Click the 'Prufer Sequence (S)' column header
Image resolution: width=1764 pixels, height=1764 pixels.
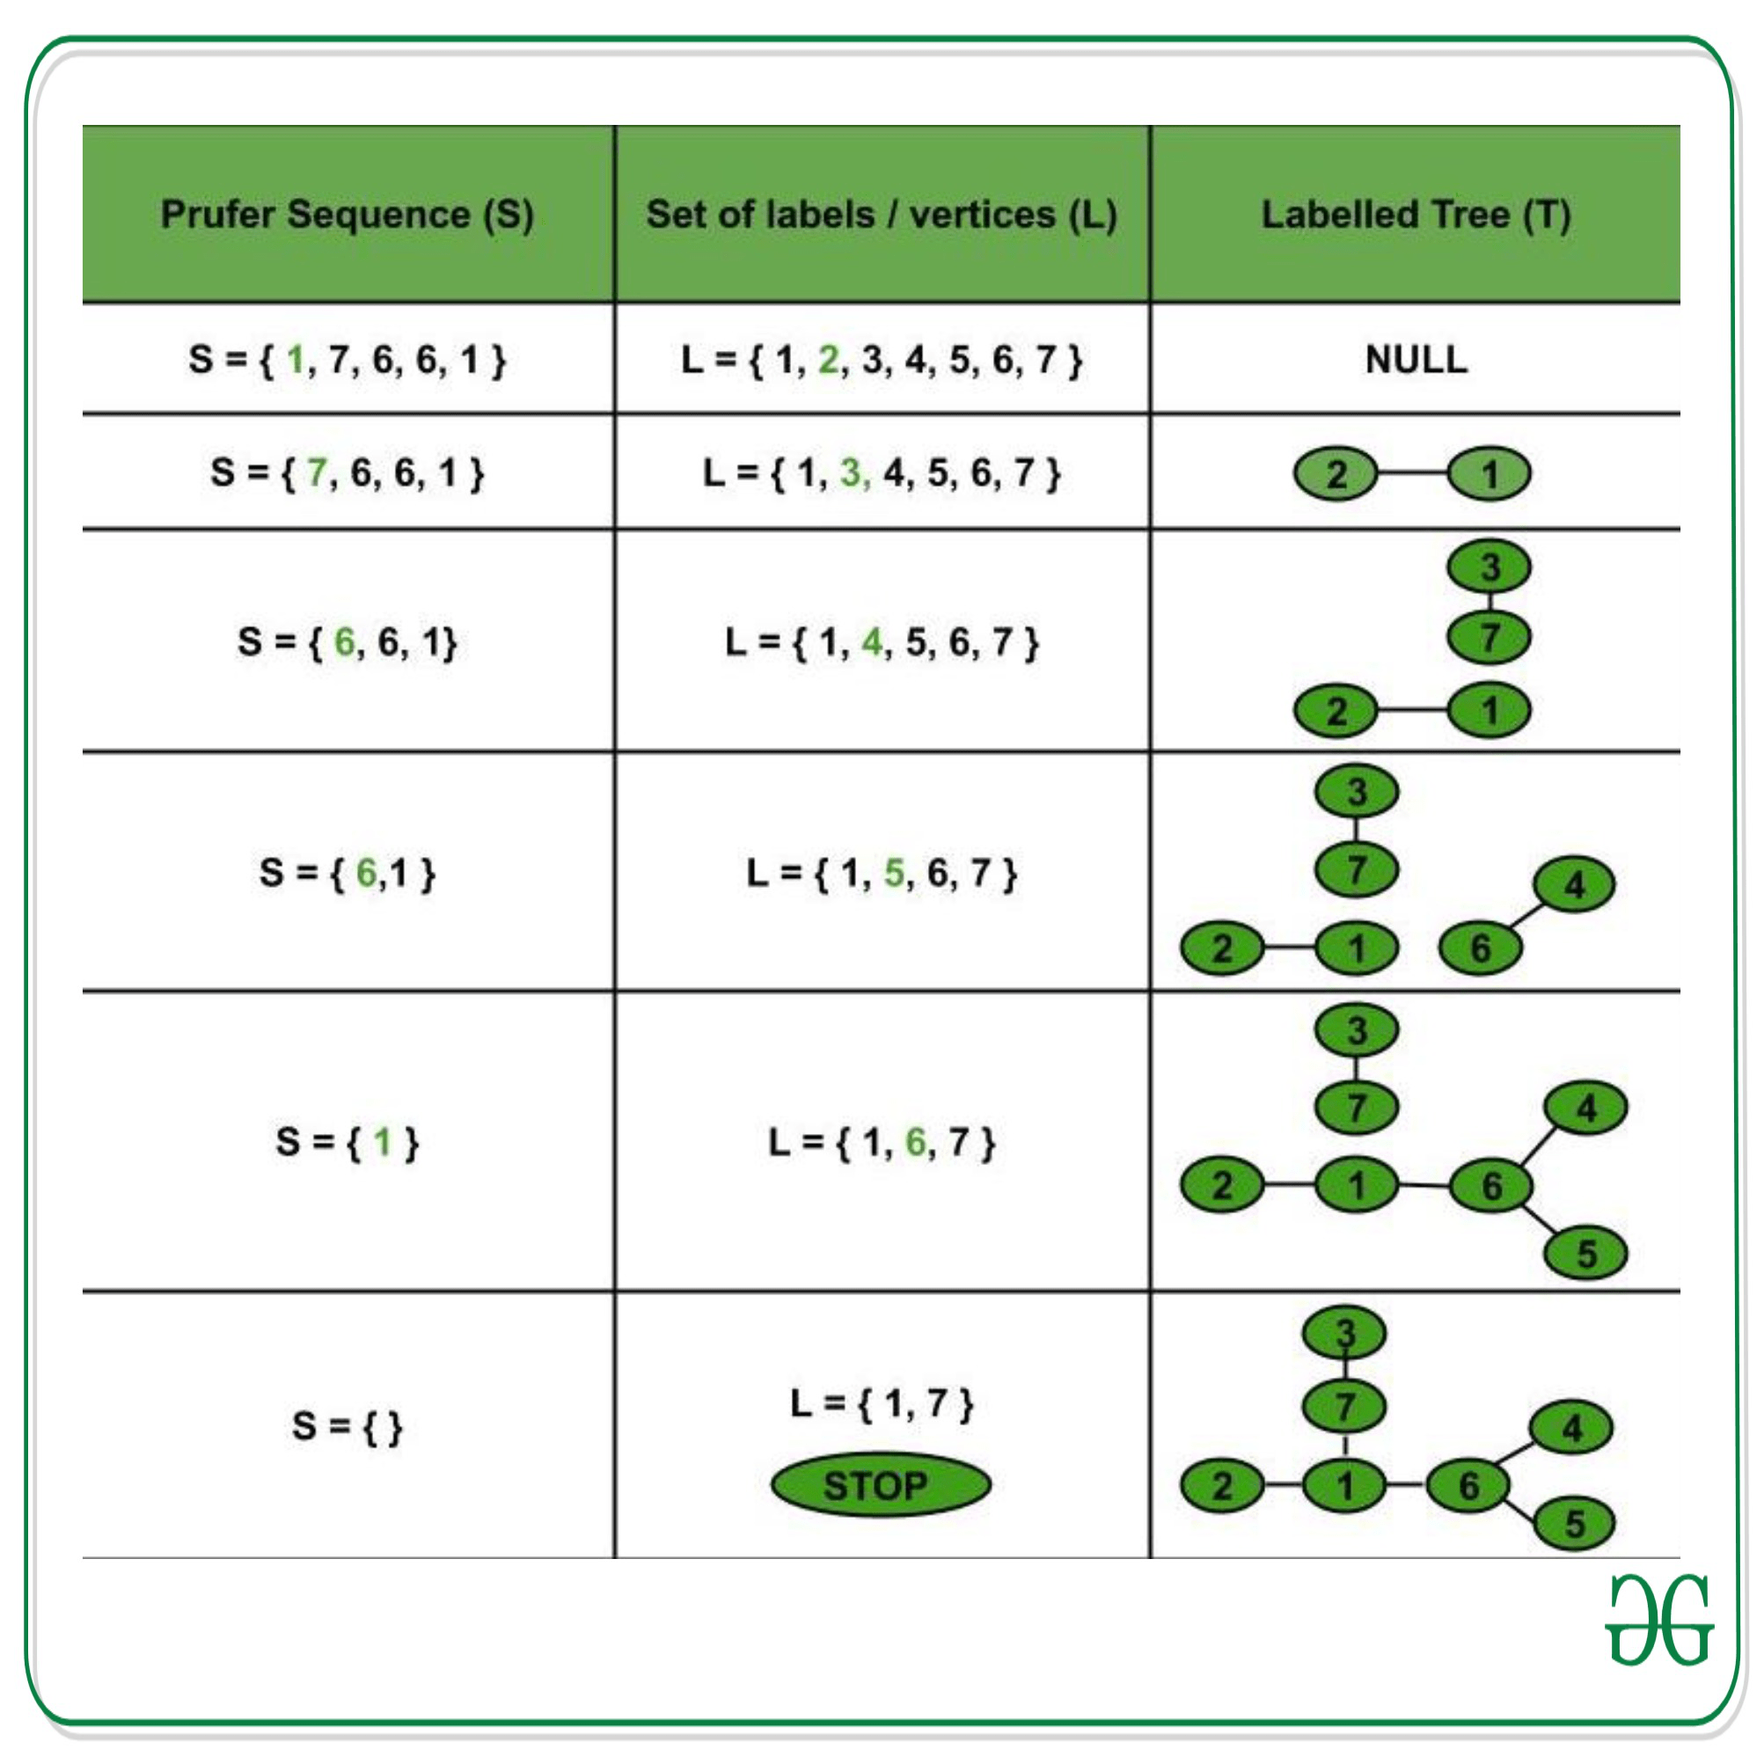(x=347, y=215)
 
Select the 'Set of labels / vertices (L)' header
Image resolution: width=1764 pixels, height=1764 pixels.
(x=881, y=215)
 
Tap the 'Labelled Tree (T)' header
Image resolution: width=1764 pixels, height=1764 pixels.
(x=1416, y=215)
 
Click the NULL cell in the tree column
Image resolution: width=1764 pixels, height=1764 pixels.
(x=1416, y=359)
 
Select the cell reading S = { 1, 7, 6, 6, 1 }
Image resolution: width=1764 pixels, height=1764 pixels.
(x=347, y=359)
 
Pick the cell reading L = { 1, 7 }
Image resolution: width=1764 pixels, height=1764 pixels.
(x=881, y=1403)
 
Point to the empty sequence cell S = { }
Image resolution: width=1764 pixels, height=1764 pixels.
(x=347, y=1425)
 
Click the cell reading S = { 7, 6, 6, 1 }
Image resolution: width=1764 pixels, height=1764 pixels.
(x=347, y=472)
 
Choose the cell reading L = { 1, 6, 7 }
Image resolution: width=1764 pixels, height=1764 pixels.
(x=881, y=1142)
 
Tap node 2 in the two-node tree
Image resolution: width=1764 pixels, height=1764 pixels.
(x=1335, y=474)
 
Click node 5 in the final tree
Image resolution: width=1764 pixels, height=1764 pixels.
(x=1574, y=1523)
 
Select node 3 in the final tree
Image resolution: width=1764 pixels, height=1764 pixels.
(x=1344, y=1333)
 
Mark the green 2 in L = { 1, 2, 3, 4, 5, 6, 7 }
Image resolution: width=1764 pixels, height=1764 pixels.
(x=828, y=359)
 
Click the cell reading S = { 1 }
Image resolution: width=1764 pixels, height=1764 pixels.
(x=347, y=1142)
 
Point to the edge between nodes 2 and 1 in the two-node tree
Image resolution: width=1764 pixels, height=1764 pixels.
(x=1411, y=473)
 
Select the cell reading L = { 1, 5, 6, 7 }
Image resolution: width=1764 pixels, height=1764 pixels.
(x=881, y=873)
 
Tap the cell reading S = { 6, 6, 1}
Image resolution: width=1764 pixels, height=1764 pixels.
(x=347, y=642)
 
